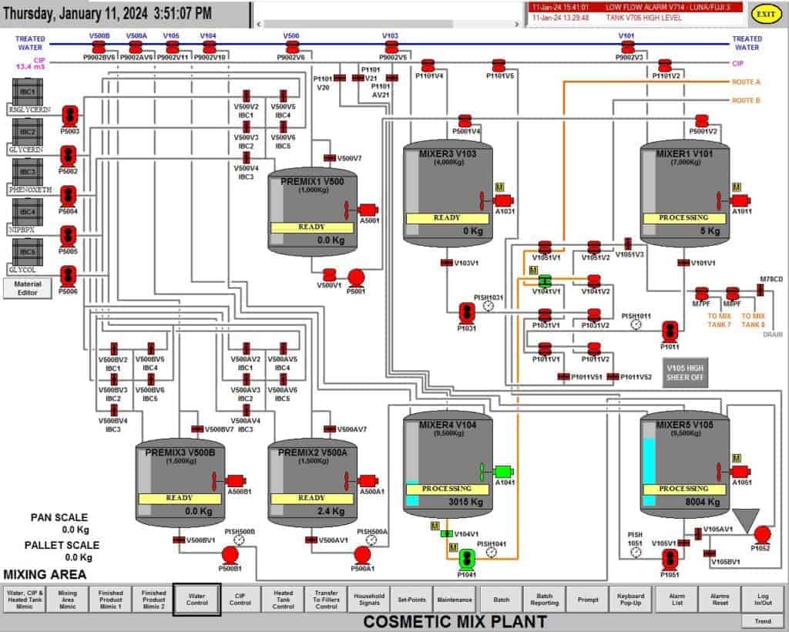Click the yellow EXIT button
(x=766, y=14)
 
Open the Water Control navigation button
(x=197, y=600)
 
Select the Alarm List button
(x=677, y=600)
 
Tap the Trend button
(x=763, y=621)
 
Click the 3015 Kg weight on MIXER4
(x=465, y=503)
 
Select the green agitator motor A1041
(x=502, y=471)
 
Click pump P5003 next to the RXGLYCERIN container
(x=69, y=115)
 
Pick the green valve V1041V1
(x=545, y=281)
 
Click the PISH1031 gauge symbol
(x=488, y=307)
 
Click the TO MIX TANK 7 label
(x=720, y=321)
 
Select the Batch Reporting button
(x=545, y=600)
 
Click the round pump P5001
(x=356, y=277)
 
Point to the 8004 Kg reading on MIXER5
(x=702, y=503)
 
